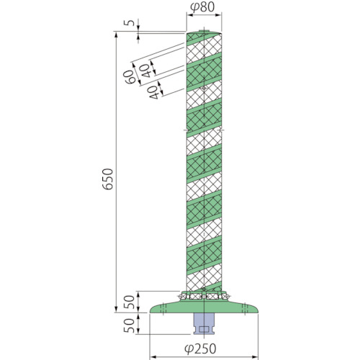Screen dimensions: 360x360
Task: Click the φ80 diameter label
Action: pos(202,7)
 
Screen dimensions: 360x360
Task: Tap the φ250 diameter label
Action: pos(200,348)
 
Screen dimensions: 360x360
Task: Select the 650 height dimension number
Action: pos(107,179)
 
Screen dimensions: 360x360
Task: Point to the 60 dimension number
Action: pos(130,77)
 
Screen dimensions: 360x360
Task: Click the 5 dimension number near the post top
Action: pos(130,23)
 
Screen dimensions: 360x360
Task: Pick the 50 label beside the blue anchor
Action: pos(129,325)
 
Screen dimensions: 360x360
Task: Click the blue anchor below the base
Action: pos(204,324)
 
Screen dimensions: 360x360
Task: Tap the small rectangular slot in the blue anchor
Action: pos(204,329)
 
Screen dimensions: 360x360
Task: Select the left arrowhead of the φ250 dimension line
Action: pos(152,356)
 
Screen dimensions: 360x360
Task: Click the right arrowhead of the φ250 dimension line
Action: pos(255,356)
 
